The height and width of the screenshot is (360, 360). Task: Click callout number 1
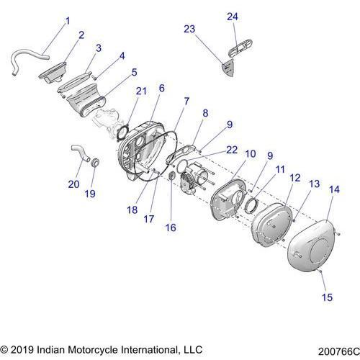[68, 21]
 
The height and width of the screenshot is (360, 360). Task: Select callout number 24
[232, 17]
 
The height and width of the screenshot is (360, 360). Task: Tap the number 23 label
[189, 30]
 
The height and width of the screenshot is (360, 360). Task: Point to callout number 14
[333, 189]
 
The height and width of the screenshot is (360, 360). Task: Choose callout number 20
[73, 184]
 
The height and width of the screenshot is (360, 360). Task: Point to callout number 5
[134, 73]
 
